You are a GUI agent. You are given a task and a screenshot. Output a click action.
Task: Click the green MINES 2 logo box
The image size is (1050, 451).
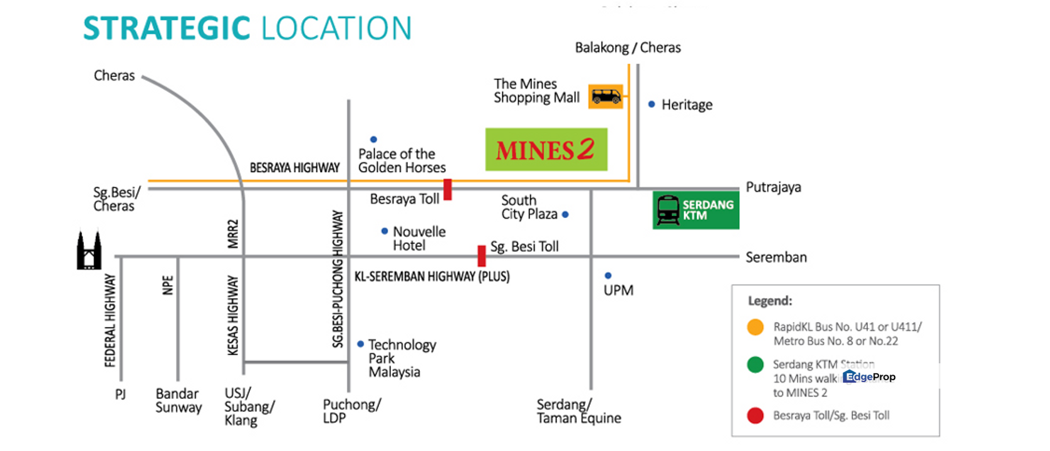546,150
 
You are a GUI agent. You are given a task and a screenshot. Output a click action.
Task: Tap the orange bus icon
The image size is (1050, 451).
606,96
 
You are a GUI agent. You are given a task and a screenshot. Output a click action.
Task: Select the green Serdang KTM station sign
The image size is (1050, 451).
695,210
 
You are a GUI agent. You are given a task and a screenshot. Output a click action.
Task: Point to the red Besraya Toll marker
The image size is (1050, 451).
447,189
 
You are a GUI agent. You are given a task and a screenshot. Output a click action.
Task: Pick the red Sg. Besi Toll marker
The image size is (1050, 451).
481,256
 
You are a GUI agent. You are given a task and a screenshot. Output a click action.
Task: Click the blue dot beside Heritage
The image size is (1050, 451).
652,104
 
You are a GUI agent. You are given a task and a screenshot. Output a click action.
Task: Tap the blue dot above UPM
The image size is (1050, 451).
608,276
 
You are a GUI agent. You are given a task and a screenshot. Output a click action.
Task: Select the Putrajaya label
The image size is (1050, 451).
773,187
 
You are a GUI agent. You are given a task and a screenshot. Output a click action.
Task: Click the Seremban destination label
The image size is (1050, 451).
776,257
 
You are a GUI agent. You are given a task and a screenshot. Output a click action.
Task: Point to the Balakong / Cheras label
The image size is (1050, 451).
628,48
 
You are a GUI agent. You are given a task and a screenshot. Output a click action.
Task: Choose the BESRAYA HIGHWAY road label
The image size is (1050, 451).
294,168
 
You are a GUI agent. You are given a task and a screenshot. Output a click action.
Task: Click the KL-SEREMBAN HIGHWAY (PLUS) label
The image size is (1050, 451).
432,276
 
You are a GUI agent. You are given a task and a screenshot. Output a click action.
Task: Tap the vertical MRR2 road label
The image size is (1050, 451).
233,234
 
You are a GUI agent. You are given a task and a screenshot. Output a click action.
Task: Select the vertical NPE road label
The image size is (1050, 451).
167,285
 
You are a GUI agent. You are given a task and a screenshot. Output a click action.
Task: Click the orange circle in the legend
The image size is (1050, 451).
756,327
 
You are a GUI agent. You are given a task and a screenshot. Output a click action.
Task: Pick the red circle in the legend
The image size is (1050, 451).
756,415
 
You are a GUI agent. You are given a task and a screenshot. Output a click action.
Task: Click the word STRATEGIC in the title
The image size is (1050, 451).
167,29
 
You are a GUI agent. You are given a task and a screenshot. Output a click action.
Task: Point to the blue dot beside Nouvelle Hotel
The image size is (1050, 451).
385,231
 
